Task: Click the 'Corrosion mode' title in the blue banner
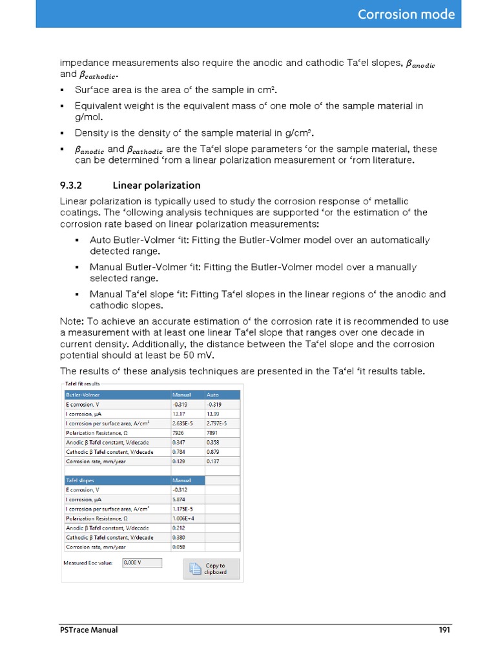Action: point(406,14)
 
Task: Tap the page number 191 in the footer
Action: point(444,630)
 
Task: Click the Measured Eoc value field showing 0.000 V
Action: point(141,562)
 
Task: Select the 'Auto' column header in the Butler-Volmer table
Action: point(213,394)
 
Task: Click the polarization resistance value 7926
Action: point(179,433)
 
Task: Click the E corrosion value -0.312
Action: point(181,490)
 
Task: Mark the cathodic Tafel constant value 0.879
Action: point(214,452)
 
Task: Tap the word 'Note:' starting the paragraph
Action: point(71,321)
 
